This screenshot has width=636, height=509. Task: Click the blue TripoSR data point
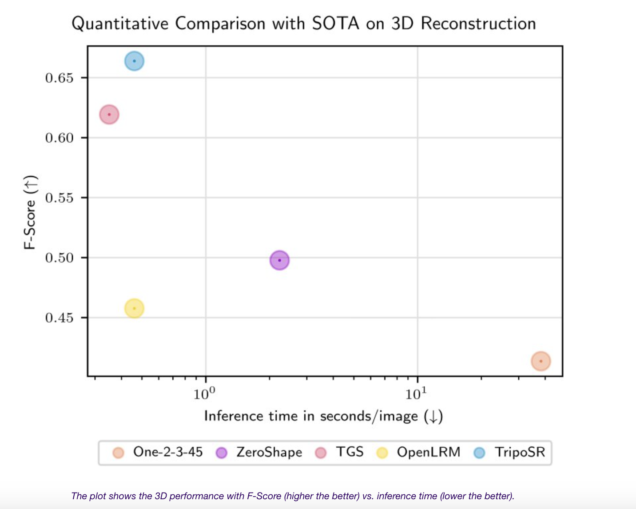click(134, 61)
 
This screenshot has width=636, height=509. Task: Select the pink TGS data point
click(109, 115)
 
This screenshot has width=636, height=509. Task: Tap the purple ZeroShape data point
click(279, 260)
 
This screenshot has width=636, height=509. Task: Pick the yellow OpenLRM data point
click(134, 308)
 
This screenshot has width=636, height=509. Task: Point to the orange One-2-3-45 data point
click(541, 361)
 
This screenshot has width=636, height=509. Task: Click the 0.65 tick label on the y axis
click(59, 78)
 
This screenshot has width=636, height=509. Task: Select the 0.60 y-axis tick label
click(59, 138)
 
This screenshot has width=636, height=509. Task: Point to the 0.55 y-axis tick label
click(59, 198)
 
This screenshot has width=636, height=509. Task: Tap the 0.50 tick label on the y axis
click(59, 258)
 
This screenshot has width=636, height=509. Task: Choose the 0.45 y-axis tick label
click(59, 318)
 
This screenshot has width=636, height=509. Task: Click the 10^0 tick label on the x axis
click(204, 393)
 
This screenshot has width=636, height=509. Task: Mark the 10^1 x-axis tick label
click(416, 393)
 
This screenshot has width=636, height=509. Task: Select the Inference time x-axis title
click(323, 416)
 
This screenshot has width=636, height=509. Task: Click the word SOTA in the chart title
click(335, 24)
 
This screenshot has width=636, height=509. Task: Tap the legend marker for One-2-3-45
click(118, 453)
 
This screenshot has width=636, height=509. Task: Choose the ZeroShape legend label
click(269, 452)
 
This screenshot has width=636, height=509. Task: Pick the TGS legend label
click(350, 452)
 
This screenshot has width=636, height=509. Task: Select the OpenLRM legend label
click(429, 452)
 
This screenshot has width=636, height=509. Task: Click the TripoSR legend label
click(520, 452)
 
